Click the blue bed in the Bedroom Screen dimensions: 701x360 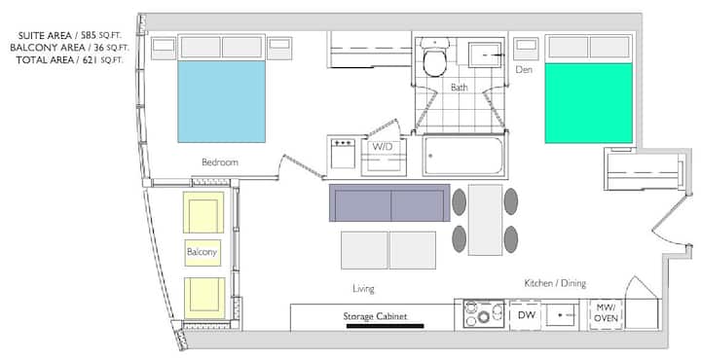pyautogui.click(x=221, y=102)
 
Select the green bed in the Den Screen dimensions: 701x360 pyautogui.click(x=588, y=103)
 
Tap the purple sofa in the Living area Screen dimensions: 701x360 pyautogui.click(x=389, y=202)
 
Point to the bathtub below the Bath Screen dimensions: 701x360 pyautogui.click(x=463, y=156)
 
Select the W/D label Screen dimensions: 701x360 pyautogui.click(x=383, y=147)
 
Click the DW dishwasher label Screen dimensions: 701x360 pyautogui.click(x=527, y=315)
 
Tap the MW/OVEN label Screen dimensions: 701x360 pyautogui.click(x=606, y=312)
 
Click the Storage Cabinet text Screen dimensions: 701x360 pyautogui.click(x=375, y=316)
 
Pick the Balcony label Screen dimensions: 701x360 pyautogui.click(x=202, y=252)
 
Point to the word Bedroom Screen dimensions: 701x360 pyautogui.click(x=220, y=162)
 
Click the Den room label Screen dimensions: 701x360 pyautogui.click(x=524, y=70)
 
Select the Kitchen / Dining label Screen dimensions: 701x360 pyautogui.click(x=555, y=283)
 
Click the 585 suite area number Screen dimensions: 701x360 pyautogui.click(x=89, y=35)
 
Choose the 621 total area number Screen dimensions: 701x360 pyautogui.click(x=92, y=60)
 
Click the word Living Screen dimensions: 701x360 pyautogui.click(x=363, y=289)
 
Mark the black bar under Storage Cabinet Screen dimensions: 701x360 pyautogui.click(x=385, y=326)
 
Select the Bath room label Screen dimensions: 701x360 pyautogui.click(x=460, y=88)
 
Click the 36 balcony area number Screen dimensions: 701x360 pyautogui.click(x=98, y=48)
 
